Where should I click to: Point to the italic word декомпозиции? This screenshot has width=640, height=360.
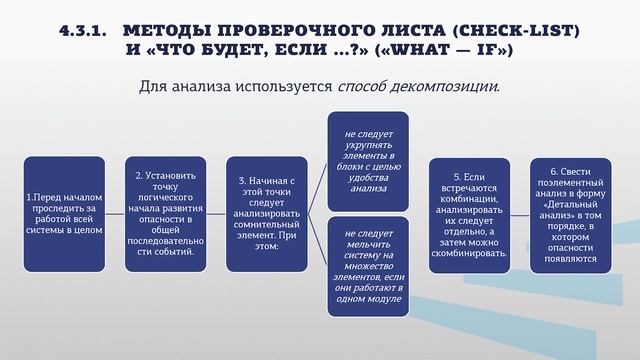point(447,86)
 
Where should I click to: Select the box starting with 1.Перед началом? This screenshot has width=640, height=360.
point(64,213)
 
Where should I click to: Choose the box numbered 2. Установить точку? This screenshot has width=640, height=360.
point(164,213)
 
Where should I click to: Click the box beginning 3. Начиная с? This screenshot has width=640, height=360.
point(264,213)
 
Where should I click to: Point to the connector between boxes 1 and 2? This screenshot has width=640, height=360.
point(114,213)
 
